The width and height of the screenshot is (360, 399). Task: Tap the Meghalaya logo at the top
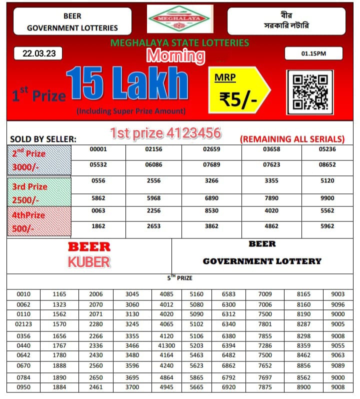click(x=180, y=19)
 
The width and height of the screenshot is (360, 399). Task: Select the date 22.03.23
click(x=39, y=54)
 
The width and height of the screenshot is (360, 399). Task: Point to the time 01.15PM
click(x=313, y=54)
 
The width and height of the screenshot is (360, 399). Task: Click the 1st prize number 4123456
click(x=165, y=133)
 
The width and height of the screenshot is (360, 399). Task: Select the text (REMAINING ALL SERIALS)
click(x=292, y=139)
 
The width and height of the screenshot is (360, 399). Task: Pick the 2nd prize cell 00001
click(x=98, y=149)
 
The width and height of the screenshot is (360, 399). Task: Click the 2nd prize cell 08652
click(x=327, y=164)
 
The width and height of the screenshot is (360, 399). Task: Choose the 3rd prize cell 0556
click(x=98, y=181)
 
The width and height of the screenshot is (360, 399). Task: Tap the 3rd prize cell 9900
click(x=327, y=198)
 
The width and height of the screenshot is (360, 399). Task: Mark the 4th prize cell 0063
click(x=98, y=211)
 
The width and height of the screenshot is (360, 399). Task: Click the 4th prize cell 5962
click(x=327, y=226)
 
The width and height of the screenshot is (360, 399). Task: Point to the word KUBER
click(x=89, y=262)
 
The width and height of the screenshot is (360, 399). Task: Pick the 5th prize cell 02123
click(x=23, y=324)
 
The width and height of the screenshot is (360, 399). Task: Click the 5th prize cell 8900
click(x=303, y=387)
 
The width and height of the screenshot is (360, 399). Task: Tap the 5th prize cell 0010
click(x=23, y=294)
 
